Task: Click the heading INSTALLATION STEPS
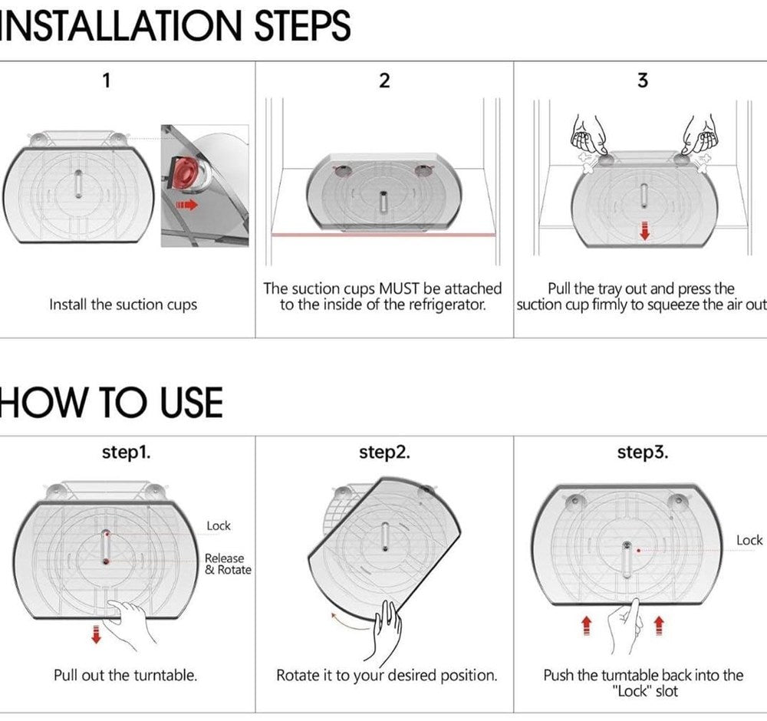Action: tap(175, 25)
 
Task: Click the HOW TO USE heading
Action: tap(111, 402)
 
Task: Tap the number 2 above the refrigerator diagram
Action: tap(384, 81)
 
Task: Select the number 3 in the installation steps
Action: tap(643, 81)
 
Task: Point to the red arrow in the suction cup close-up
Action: tap(187, 205)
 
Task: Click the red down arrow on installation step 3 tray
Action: tap(645, 232)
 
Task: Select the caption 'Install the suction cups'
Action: tap(123, 305)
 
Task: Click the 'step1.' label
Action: tap(127, 453)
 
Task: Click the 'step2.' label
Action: tap(384, 453)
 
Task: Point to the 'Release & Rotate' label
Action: tap(228, 564)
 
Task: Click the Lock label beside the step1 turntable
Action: tap(218, 526)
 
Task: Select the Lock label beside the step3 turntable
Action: tap(749, 541)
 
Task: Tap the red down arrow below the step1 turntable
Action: tap(97, 634)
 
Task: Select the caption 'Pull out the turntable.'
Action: tap(125, 676)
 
